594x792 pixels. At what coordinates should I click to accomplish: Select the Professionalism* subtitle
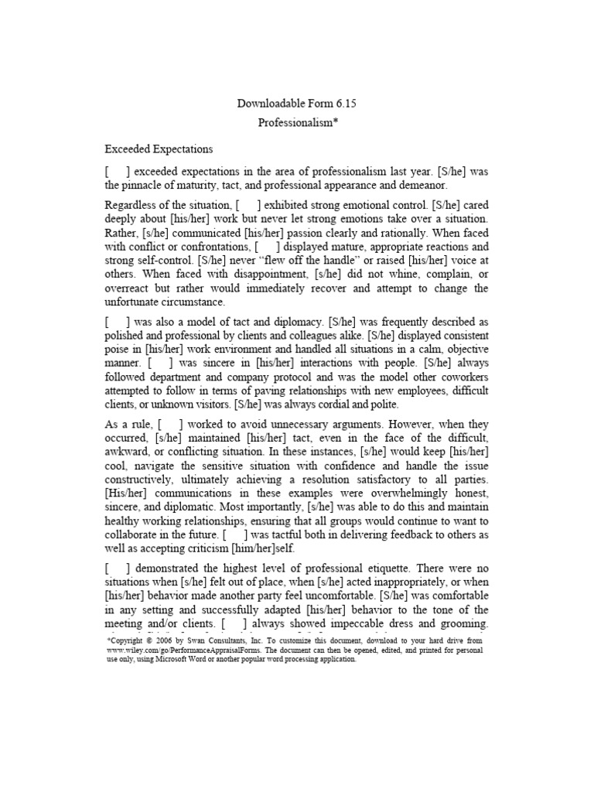tap(298, 123)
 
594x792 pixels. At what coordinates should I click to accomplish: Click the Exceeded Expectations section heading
tap(159, 148)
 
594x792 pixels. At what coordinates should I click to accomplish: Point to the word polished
tap(126, 335)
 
